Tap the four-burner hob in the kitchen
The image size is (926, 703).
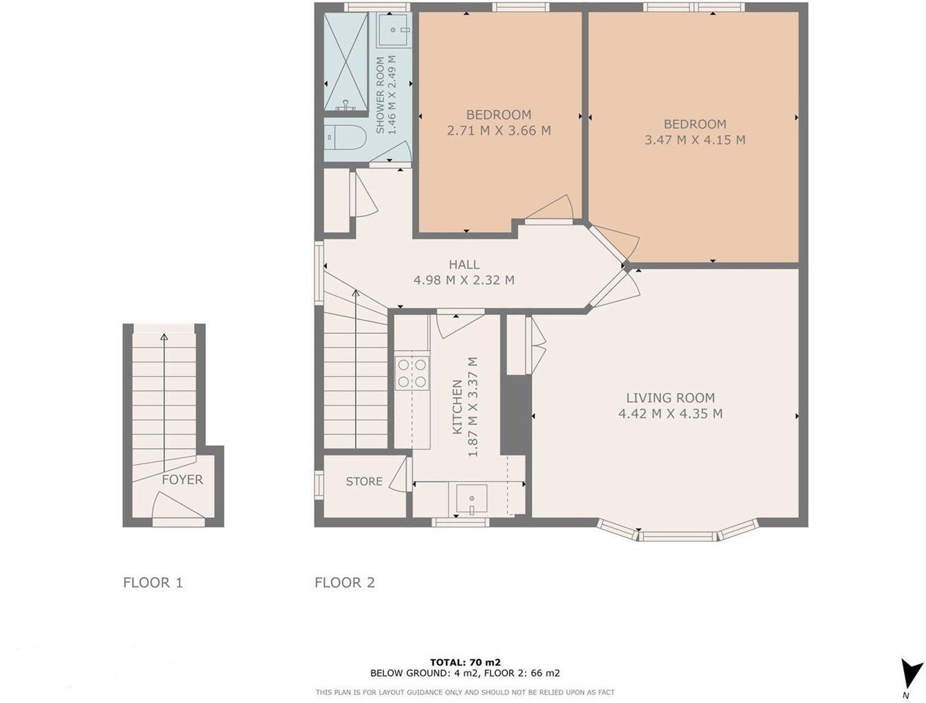(412, 373)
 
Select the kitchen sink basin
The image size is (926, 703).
(472, 499)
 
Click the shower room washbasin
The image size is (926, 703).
(394, 29)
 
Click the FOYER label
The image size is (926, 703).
(182, 480)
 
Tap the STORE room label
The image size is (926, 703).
(364, 481)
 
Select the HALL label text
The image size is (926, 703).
(464, 264)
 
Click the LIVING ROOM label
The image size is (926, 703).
(670, 398)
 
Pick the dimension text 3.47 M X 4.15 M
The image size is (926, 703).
(694, 140)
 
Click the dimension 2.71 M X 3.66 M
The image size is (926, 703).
(499, 130)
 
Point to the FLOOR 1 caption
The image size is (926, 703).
(153, 582)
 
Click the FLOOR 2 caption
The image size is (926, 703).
(344, 582)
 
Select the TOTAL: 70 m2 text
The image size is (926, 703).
(465, 663)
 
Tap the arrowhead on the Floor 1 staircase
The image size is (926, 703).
(164, 337)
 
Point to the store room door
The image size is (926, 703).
(401, 475)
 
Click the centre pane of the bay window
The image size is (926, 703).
(678, 537)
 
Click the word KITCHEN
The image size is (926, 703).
(457, 407)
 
